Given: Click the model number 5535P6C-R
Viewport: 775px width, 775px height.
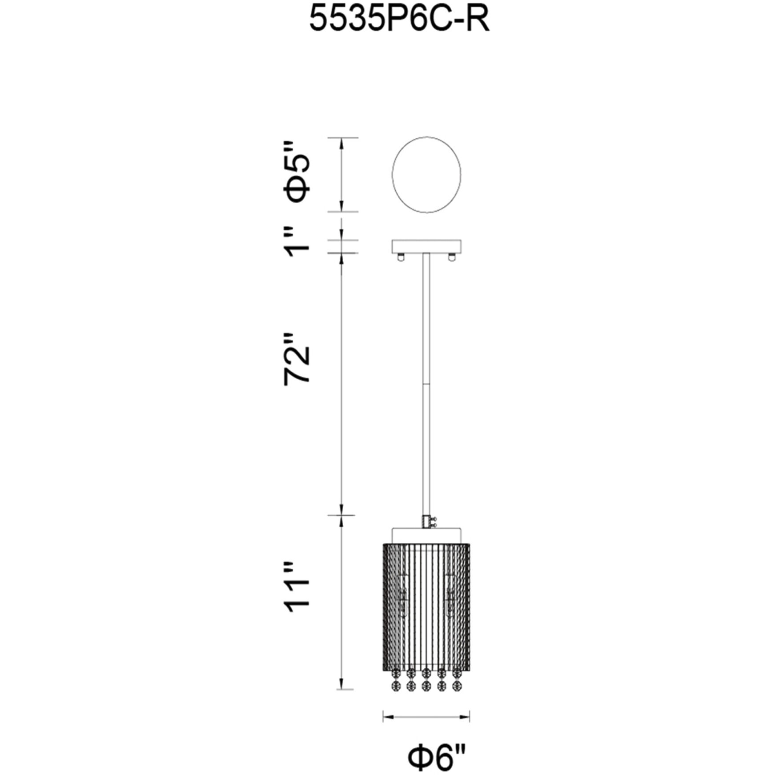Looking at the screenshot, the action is pyautogui.click(x=399, y=20).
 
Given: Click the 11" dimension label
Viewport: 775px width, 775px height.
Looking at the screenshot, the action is pyautogui.click(x=297, y=587).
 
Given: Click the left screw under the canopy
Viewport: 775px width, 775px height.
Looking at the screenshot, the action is pyautogui.click(x=402, y=257).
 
